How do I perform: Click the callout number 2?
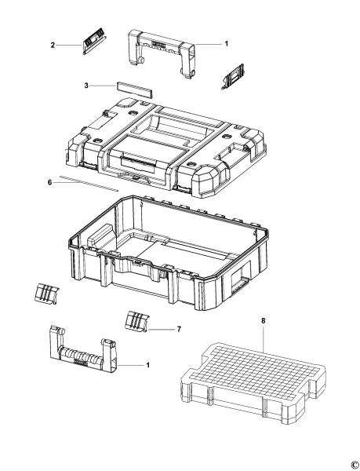click(53, 46)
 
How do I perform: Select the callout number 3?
click(86, 86)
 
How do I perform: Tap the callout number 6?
click(49, 182)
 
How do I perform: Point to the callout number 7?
click(179, 329)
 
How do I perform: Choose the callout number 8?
click(263, 321)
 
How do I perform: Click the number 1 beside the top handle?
click(227, 44)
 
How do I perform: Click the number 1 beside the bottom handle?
click(147, 365)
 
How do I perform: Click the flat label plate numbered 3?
click(134, 89)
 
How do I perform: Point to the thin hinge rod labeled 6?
click(89, 183)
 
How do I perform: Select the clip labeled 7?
click(136, 321)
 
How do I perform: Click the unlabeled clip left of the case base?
click(46, 293)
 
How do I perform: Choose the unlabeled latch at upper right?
click(233, 77)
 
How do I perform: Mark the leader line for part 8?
click(263, 338)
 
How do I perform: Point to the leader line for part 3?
click(102, 86)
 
